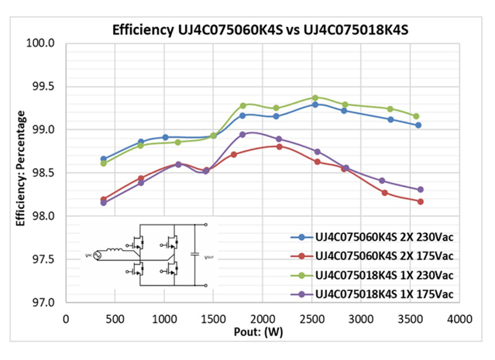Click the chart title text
pyautogui.click(x=260, y=31)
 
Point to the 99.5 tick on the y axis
pyautogui.click(x=45, y=87)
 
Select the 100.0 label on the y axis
pyautogui.click(x=43, y=43)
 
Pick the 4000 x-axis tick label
pyautogui.click(x=460, y=318)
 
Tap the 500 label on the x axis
pyautogui.click(x=115, y=318)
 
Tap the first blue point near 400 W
pyautogui.click(x=104, y=159)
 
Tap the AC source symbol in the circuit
pyautogui.click(x=98, y=255)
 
